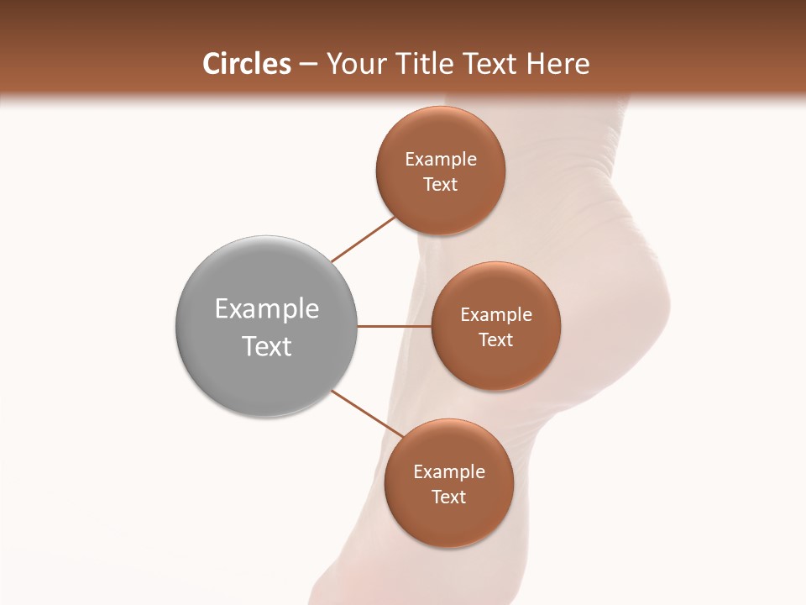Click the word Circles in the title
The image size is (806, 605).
click(x=246, y=64)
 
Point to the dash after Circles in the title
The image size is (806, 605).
click(x=307, y=65)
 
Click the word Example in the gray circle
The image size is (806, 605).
click(x=267, y=309)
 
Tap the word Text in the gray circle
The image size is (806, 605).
click(x=267, y=346)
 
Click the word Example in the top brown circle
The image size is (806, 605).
click(x=441, y=160)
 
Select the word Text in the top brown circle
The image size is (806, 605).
click(x=441, y=185)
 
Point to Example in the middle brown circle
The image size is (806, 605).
click(x=496, y=315)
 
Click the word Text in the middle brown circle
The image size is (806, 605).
click(x=496, y=340)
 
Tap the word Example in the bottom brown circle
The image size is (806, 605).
click(x=449, y=472)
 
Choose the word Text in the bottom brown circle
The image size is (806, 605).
click(x=449, y=497)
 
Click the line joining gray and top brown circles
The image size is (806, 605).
click(x=363, y=239)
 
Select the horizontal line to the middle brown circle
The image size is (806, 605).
click(x=395, y=326)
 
